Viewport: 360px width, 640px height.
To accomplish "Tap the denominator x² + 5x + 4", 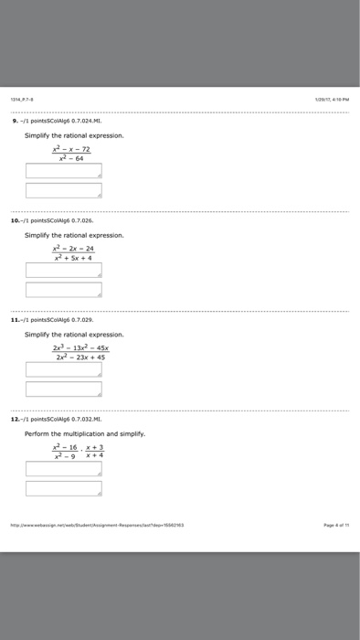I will (72, 257).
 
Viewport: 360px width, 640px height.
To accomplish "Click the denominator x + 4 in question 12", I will (95, 456).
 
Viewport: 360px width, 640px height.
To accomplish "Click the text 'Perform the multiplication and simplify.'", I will (84, 433).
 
